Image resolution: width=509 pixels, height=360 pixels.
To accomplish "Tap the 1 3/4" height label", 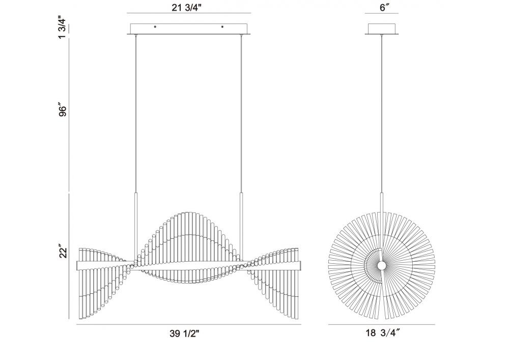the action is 63,28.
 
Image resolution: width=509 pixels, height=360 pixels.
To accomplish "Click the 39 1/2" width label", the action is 184,334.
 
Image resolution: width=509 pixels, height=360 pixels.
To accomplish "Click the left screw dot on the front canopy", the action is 155,27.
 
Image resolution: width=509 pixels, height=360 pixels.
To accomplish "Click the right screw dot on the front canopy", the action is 222,27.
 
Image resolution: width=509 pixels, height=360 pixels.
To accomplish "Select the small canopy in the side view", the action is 382,29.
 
